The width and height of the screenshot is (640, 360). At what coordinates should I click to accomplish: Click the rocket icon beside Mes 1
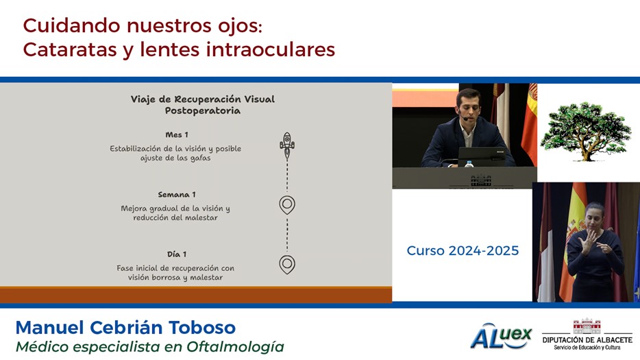click(287, 145)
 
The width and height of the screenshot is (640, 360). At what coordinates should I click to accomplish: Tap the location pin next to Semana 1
click(287, 205)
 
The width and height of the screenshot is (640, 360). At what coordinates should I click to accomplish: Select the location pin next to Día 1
click(287, 265)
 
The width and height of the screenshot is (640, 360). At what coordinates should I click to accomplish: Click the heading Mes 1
click(177, 135)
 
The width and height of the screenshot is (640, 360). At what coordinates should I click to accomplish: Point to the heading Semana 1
click(177, 195)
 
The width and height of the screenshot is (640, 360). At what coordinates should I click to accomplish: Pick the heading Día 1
click(177, 254)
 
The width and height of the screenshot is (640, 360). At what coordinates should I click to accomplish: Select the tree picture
click(586, 131)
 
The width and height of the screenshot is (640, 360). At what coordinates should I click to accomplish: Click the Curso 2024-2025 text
click(463, 250)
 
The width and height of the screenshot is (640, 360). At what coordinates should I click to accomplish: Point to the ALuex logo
click(501, 336)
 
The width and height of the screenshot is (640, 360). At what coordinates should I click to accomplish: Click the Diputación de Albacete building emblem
click(587, 326)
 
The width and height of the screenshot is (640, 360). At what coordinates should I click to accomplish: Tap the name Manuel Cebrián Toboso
click(125, 328)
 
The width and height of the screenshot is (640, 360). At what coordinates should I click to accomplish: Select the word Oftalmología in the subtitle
click(235, 347)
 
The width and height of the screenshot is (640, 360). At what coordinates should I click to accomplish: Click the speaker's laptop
click(482, 157)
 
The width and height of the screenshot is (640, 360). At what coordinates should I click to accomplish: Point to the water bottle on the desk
click(469, 164)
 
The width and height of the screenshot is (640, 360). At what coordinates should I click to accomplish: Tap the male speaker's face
click(469, 106)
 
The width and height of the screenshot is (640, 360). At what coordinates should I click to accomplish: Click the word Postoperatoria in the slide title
click(202, 110)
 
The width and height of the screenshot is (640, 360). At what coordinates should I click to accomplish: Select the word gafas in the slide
click(200, 158)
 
